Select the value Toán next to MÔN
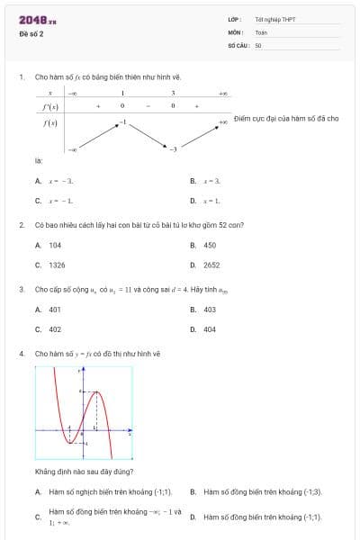261,32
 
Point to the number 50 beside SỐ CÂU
258,45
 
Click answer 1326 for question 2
57,265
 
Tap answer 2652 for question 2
211,265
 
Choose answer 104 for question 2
55,245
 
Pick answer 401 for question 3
55,309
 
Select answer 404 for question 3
210,329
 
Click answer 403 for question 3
210,309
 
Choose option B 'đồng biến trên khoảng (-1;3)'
262,492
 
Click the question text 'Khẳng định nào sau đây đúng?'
85,472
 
